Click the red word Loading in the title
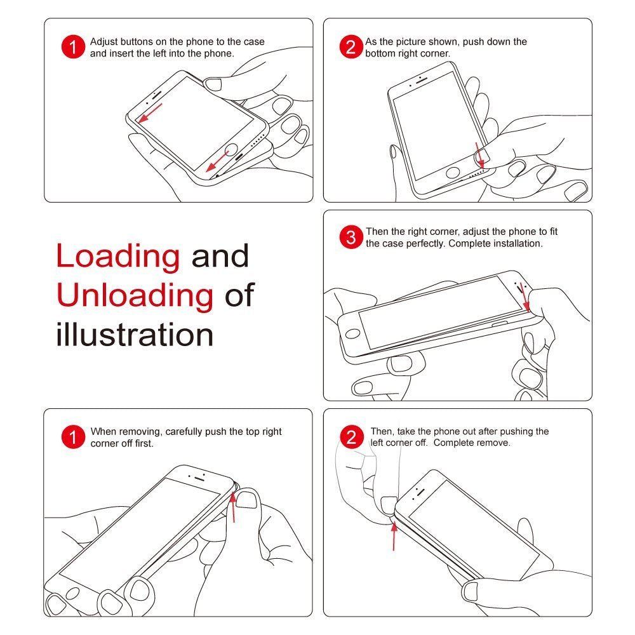[x=118, y=256]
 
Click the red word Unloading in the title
[x=135, y=295]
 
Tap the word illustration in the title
[x=135, y=334]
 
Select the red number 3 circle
[x=351, y=237]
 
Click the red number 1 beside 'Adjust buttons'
[x=73, y=46]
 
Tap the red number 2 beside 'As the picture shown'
[x=351, y=46]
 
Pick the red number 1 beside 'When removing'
[x=73, y=437]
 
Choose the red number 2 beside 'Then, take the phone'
[x=351, y=437]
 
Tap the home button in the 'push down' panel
[x=453, y=173]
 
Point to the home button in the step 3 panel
[x=352, y=334]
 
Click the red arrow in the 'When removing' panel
[x=233, y=507]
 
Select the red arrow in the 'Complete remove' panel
[x=394, y=536]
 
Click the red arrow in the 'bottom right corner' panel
[x=479, y=155]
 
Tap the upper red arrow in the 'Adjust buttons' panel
[x=150, y=113]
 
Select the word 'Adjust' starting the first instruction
[x=104, y=42]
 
